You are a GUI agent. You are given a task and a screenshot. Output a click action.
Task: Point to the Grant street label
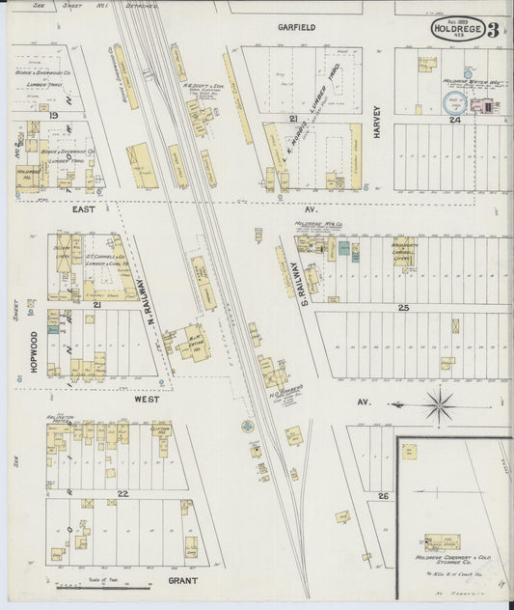(182, 581)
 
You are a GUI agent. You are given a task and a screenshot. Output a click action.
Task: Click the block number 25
(404, 307)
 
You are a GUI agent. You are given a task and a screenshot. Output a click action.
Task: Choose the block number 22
(122, 493)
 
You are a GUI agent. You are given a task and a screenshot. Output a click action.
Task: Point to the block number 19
(55, 115)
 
